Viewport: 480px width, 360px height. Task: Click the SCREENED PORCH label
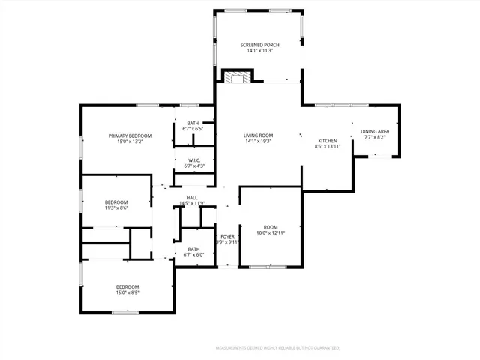[259, 46]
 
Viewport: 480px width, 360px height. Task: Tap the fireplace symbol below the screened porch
[239, 76]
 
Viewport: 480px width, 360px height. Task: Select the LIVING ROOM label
[258, 136]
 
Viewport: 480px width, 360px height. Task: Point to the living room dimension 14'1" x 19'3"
[258, 142]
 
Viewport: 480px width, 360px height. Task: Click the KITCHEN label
[328, 141]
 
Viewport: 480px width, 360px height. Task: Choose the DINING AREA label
[374, 131]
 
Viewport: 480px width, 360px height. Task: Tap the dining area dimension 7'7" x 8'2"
[374, 137]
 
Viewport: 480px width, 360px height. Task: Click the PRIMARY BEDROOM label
[130, 136]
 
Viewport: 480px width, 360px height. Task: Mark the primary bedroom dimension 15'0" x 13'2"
[130, 142]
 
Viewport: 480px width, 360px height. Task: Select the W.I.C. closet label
[193, 160]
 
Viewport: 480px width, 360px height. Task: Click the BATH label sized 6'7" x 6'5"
[193, 123]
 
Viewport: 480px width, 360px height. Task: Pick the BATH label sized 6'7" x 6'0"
[193, 249]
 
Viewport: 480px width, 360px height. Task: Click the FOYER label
[227, 236]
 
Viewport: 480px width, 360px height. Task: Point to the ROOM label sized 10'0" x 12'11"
[270, 226]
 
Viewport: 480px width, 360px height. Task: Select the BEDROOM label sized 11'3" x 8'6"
[116, 202]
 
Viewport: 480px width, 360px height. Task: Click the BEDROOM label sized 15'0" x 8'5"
[127, 286]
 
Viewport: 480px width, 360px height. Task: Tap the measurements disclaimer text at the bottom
[277, 348]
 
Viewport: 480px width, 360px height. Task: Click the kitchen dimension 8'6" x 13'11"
[328, 147]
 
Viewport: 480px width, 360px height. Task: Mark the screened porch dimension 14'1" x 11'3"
[259, 52]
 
